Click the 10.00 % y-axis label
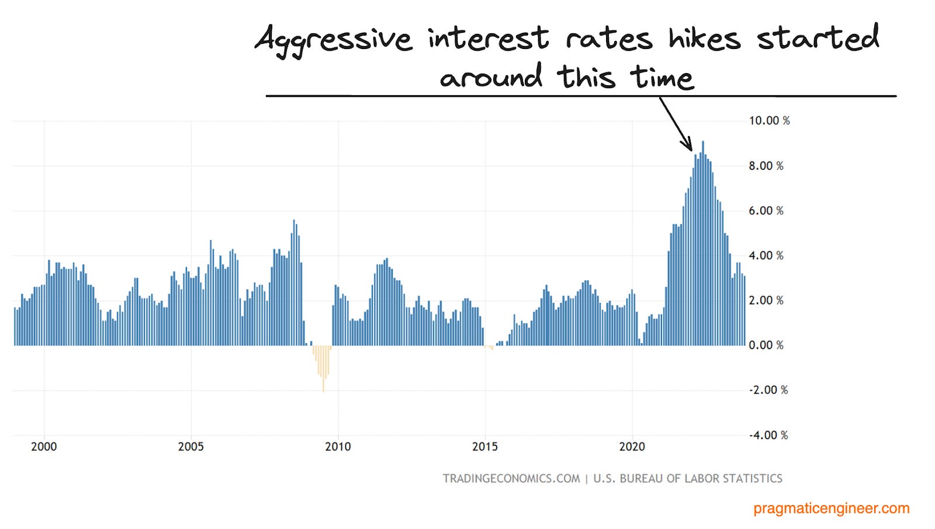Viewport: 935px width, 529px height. tap(769, 121)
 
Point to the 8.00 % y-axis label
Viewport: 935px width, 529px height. tap(766, 166)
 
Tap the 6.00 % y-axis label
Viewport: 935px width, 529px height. tap(766, 211)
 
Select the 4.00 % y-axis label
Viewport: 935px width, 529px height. tap(766, 256)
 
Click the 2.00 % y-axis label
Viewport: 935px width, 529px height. tap(766, 301)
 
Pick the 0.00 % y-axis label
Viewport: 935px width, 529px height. tap(766, 346)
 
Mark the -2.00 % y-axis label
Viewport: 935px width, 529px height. tap(768, 390)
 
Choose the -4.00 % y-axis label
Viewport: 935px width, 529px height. tap(768, 436)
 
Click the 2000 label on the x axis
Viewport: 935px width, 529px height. tap(44, 447)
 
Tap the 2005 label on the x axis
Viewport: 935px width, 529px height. tap(191, 447)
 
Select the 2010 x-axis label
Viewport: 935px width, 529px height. tap(338, 447)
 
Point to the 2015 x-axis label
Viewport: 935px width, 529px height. tap(485, 447)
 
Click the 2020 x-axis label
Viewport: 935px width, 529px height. tap(632, 447)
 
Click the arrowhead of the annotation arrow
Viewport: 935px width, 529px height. tap(689, 147)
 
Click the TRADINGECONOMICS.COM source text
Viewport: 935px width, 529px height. tap(511, 479)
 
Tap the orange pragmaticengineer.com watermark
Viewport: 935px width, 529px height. tap(832, 509)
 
